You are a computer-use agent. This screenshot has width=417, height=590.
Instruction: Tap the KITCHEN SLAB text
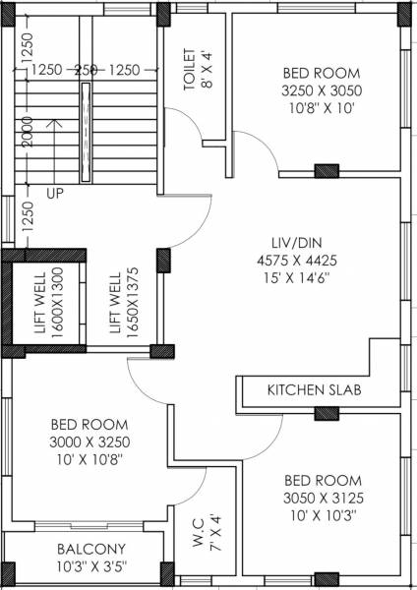pos(315,391)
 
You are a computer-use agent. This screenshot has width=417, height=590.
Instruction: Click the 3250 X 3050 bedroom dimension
pos(322,89)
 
